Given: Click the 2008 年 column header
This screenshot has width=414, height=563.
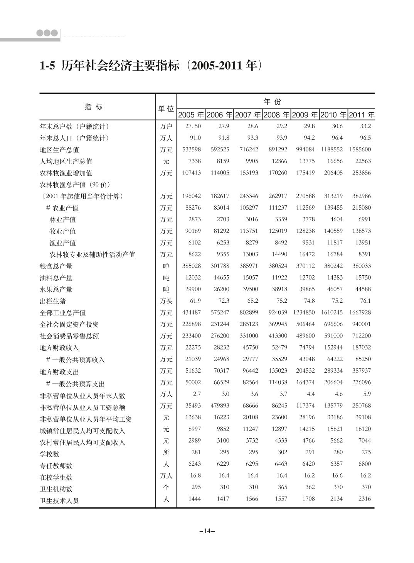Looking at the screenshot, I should (x=276, y=115).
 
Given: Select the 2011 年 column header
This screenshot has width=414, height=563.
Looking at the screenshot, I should (x=362, y=115).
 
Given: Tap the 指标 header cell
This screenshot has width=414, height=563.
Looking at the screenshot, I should (x=94, y=107).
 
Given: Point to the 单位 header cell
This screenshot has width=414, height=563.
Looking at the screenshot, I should (x=166, y=109).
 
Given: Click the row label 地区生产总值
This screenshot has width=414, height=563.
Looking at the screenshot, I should (x=59, y=150).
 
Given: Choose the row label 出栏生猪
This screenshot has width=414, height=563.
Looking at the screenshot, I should (x=53, y=301).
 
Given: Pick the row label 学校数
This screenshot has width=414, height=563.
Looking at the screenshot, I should (x=50, y=454).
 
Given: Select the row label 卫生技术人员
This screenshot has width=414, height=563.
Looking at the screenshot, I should (x=59, y=501).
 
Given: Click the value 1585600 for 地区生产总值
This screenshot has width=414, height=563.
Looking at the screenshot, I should (x=360, y=149).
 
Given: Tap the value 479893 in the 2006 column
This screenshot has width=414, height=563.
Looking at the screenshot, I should (x=220, y=406).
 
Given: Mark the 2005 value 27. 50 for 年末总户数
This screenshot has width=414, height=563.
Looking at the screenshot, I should (x=193, y=126).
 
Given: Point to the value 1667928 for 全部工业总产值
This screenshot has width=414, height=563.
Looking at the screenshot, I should (x=360, y=312).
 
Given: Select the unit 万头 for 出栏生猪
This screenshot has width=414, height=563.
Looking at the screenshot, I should (x=166, y=301).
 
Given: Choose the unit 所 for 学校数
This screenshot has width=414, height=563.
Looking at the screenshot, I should (x=166, y=453).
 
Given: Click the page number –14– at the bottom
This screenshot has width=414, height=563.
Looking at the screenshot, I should (x=207, y=531).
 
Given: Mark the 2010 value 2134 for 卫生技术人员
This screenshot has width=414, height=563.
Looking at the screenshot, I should (x=337, y=499).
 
